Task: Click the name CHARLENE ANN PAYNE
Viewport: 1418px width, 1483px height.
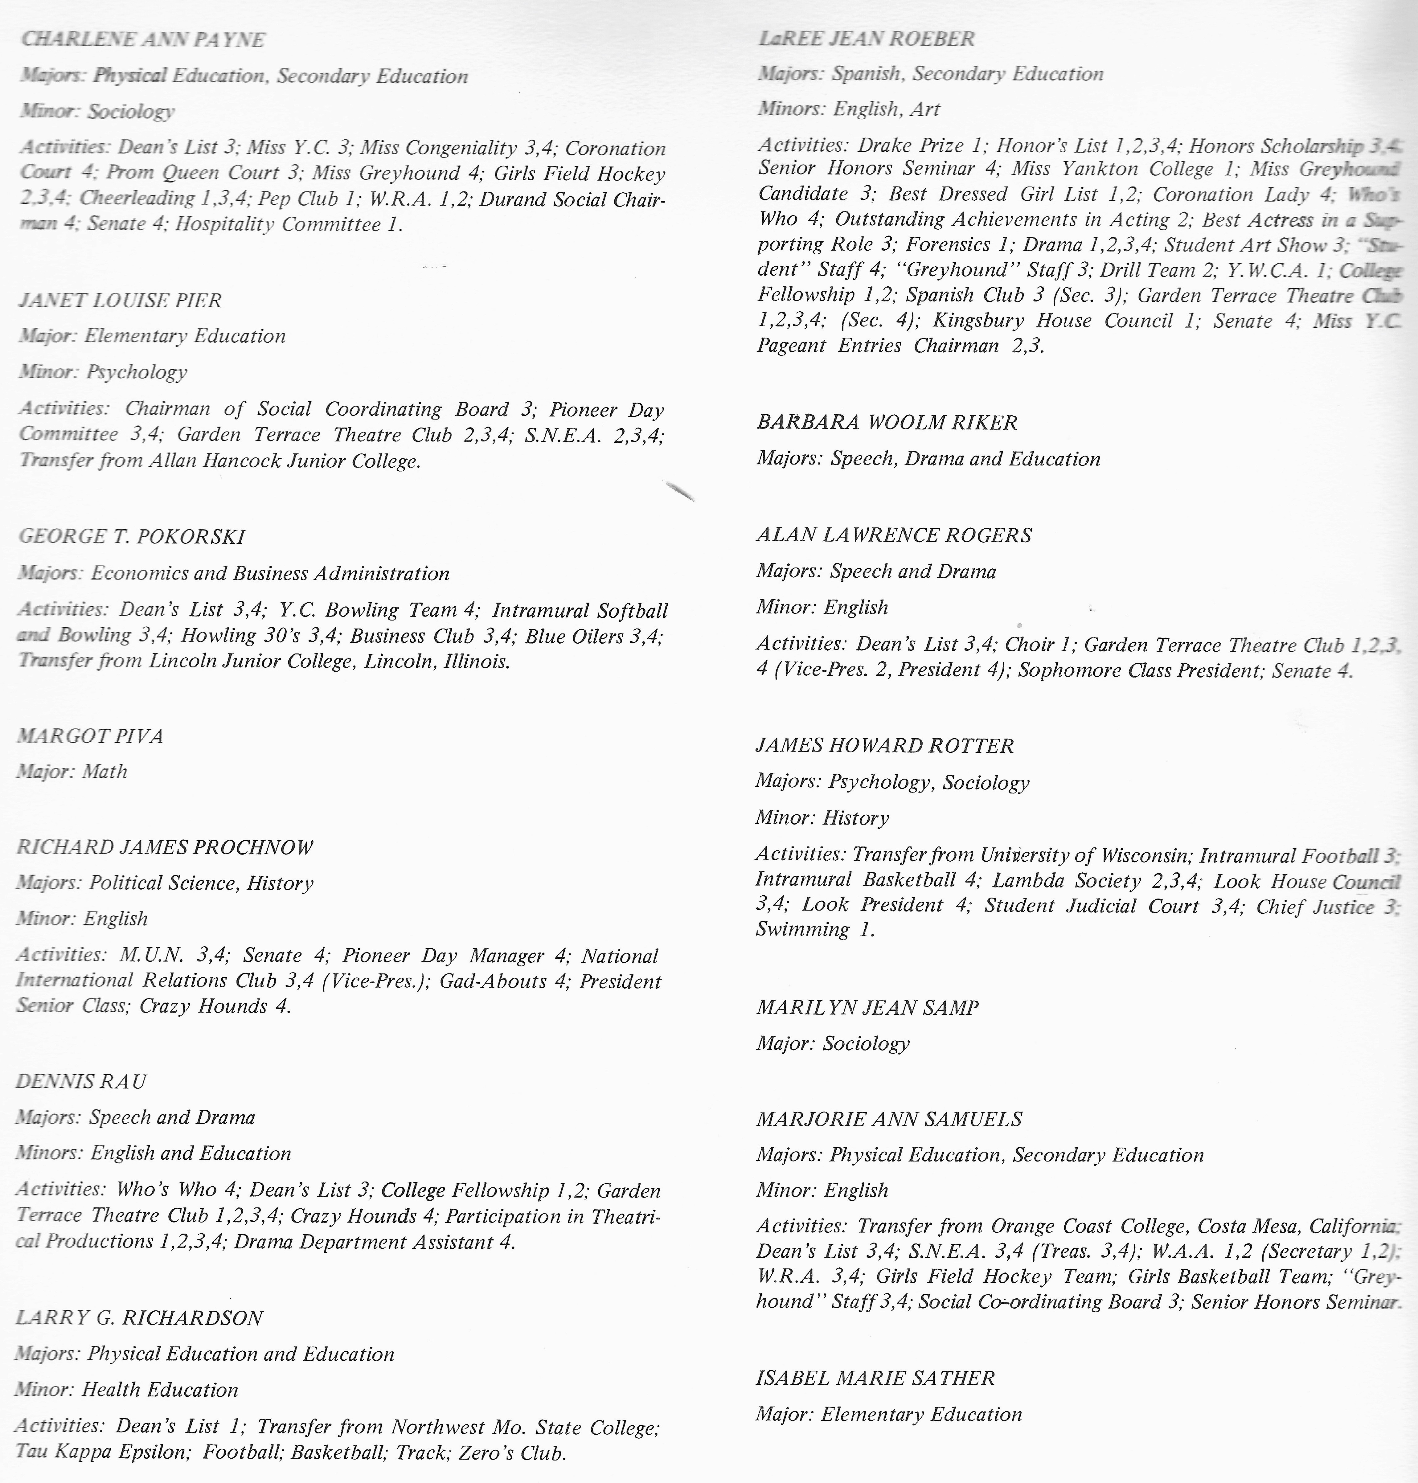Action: [x=144, y=39]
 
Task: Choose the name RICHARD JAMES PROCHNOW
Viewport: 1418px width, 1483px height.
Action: [x=165, y=847]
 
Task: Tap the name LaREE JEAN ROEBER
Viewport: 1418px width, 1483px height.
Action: [x=866, y=39]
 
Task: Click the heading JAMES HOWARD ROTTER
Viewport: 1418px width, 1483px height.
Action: [x=884, y=746]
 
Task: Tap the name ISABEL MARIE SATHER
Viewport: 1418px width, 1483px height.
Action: [x=875, y=1378]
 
